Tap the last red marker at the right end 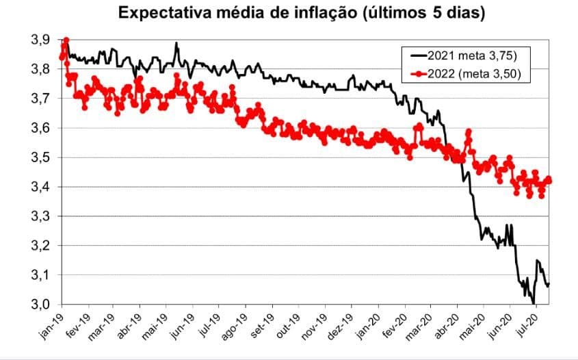549,181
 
